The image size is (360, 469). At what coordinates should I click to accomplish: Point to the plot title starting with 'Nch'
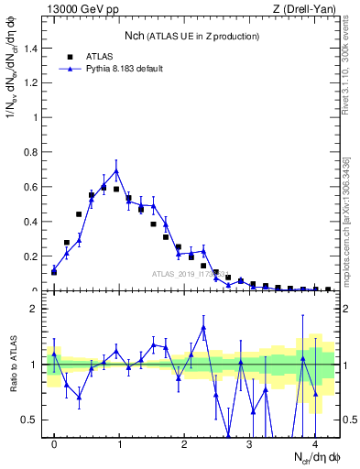[x=191, y=36]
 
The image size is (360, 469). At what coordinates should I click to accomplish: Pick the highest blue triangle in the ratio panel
[x=203, y=327]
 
